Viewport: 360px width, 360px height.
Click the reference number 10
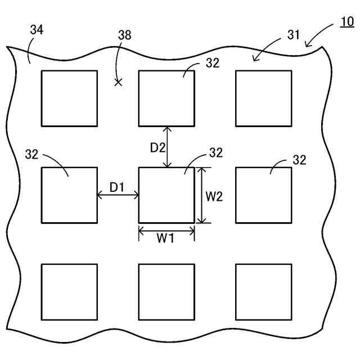pyautogui.click(x=347, y=22)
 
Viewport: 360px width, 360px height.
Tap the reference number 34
pyautogui.click(x=37, y=30)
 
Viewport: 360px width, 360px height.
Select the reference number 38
pyautogui.click(x=124, y=35)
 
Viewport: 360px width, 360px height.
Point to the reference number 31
pyautogui.click(x=294, y=35)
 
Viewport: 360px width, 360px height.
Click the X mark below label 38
pyautogui.click(x=118, y=82)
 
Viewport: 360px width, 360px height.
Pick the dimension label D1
pyautogui.click(x=117, y=187)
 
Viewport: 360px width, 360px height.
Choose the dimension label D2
pyautogui.click(x=157, y=148)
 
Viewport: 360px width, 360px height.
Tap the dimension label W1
pyautogui.click(x=165, y=238)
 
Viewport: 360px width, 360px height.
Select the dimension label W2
pyautogui.click(x=214, y=196)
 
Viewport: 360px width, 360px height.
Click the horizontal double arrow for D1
pyautogui.click(x=118, y=195)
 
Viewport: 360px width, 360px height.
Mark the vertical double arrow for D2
pyautogui.click(x=166, y=146)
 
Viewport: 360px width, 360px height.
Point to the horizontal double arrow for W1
pyautogui.click(x=166, y=230)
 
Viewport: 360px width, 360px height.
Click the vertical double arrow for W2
pyautogui.click(x=201, y=195)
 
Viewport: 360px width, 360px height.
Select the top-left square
pyautogui.click(x=69, y=98)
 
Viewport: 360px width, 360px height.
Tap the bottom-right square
pyautogui.click(x=263, y=292)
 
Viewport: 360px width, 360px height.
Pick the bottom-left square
pyautogui.click(x=69, y=292)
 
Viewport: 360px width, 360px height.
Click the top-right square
pyautogui.click(x=263, y=98)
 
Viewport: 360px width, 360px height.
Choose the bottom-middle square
pyautogui.click(x=166, y=292)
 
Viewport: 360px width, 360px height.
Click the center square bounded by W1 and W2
pyautogui.click(x=166, y=195)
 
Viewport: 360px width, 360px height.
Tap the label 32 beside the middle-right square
pyautogui.click(x=299, y=160)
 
